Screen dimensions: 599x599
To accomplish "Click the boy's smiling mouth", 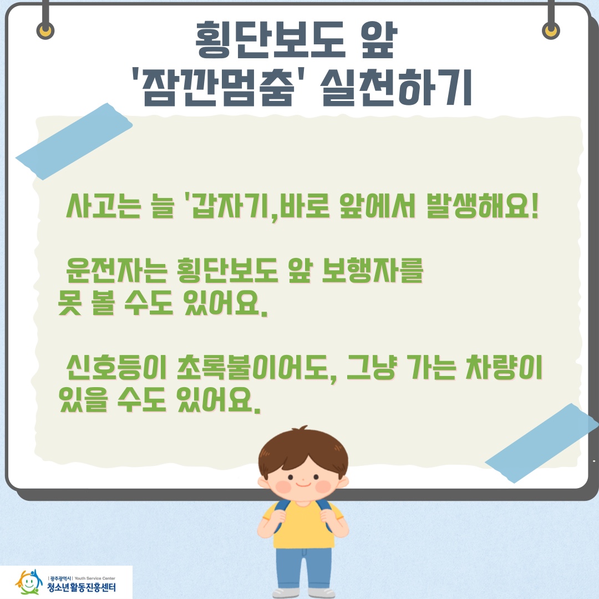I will [x=302, y=484].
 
